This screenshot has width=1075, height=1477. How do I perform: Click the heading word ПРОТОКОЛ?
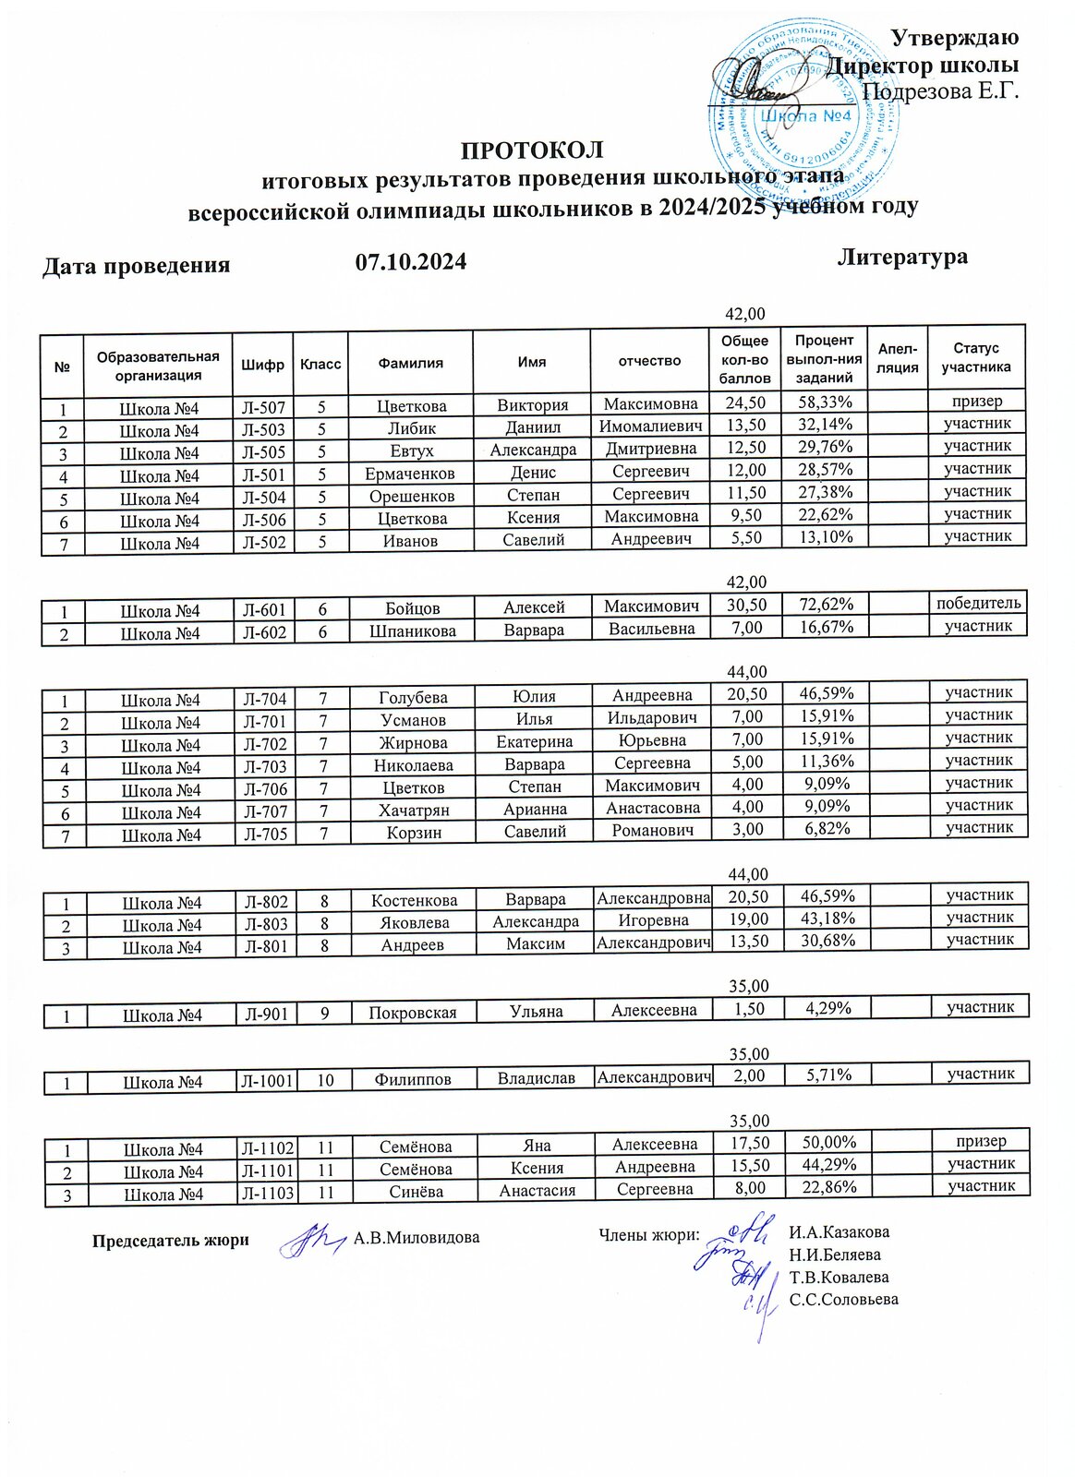tap(531, 150)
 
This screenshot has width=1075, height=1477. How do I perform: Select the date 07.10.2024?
tap(411, 263)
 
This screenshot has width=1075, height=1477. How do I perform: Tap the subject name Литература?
tap(902, 257)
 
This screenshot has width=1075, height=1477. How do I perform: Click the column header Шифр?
tap(263, 365)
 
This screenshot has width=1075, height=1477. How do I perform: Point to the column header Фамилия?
tap(411, 363)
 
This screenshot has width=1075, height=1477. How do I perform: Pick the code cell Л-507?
tap(263, 408)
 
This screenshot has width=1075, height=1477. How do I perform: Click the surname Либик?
tap(412, 429)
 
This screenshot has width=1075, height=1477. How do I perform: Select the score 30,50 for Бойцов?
tap(746, 605)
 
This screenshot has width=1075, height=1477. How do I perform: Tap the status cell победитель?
tap(979, 603)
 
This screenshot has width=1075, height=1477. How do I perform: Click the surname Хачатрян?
tap(413, 810)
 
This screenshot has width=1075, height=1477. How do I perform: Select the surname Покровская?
tap(413, 1013)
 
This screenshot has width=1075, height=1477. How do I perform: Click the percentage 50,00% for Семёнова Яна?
tap(827, 1143)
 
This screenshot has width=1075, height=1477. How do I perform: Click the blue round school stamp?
tap(803, 115)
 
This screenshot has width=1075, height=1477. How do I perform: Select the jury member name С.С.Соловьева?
tap(843, 1300)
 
